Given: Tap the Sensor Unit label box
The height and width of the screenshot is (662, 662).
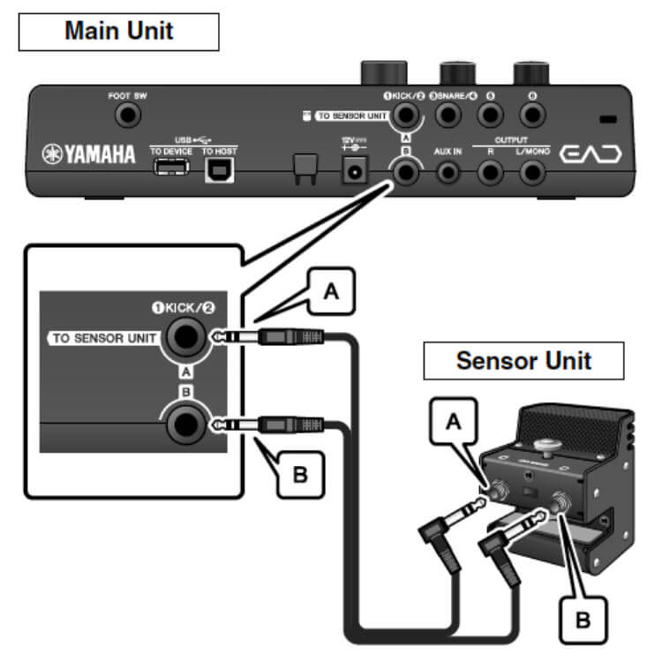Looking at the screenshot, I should (523, 360).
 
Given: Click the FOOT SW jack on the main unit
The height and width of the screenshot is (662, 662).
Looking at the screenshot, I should (130, 114).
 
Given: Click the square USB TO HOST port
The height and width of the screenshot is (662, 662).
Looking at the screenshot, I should (214, 171).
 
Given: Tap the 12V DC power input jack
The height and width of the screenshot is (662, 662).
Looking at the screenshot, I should (356, 171).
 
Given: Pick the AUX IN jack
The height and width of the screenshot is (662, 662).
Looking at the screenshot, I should (448, 172).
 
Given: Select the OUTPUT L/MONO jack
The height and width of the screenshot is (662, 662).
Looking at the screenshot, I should (532, 172).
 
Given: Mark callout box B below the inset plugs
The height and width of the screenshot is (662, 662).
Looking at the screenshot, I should (300, 475).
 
